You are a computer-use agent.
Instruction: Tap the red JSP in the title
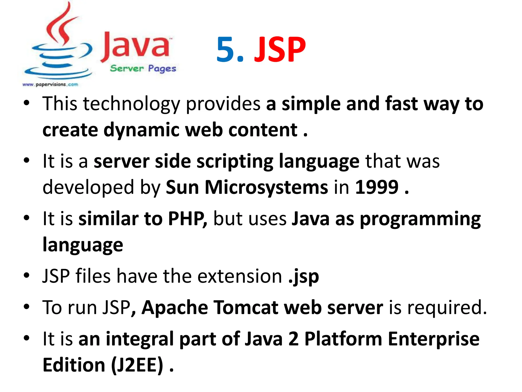tap(280, 50)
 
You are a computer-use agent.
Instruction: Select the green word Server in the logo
tap(127, 68)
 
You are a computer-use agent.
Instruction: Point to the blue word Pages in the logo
tap(162, 69)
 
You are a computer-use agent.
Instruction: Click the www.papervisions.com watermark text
tap(50, 84)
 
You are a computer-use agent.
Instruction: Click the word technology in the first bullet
tap(132, 104)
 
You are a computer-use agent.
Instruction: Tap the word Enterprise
tap(434, 339)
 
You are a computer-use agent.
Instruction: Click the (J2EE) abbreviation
tap(137, 365)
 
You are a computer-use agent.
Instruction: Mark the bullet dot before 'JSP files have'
tap(27, 276)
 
